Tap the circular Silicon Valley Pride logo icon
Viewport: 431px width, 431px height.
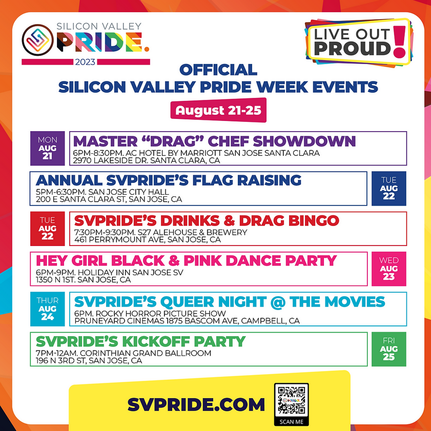(x=37, y=40)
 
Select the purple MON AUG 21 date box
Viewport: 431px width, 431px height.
(x=47, y=149)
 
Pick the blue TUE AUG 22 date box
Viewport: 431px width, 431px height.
(x=388, y=189)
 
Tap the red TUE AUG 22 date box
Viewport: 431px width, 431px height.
(x=47, y=229)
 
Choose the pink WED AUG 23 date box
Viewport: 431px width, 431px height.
(x=388, y=269)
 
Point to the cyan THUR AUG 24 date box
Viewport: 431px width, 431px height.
(x=47, y=309)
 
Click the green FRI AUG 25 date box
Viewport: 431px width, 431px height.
(x=388, y=349)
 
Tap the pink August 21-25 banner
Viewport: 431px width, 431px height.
(x=218, y=110)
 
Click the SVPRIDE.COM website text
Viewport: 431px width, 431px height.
(x=196, y=405)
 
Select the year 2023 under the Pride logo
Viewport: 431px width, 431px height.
(x=85, y=62)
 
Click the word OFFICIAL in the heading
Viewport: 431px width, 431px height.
(x=218, y=70)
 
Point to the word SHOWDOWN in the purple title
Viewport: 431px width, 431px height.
(x=304, y=141)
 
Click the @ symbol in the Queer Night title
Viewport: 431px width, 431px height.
(x=278, y=302)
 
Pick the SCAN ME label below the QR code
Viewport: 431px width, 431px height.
(x=292, y=422)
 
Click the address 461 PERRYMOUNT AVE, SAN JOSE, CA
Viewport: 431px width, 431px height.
(x=147, y=240)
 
